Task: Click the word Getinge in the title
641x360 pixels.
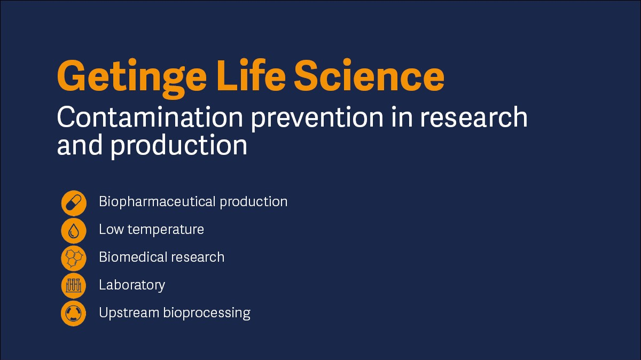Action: tap(131, 77)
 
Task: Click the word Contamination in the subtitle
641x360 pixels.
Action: tap(150, 117)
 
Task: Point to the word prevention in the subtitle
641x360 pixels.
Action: tap(317, 119)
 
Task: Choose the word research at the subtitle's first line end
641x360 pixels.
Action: tap(474, 117)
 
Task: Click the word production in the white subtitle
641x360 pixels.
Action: tap(179, 146)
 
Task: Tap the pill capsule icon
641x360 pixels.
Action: tap(74, 203)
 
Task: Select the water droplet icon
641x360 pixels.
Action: tap(74, 231)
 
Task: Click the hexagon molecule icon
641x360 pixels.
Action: tap(74, 258)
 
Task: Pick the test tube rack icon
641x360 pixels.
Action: tap(74, 286)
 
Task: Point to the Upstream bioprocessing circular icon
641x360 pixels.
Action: tap(74, 314)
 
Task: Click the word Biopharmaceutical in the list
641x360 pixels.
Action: tap(157, 202)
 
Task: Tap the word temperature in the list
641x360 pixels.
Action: tap(166, 230)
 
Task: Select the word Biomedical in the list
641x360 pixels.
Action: tap(133, 257)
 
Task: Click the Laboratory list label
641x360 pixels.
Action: tap(132, 285)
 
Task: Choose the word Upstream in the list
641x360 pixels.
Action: tap(129, 313)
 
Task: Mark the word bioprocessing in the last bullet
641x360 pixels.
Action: tap(207, 313)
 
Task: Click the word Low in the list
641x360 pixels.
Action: tap(111, 229)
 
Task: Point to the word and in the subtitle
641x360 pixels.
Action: tap(80, 145)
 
